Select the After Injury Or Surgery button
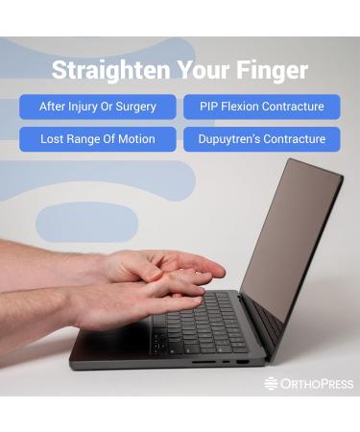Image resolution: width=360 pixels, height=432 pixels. coord(98,107)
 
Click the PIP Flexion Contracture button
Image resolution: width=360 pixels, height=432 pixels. coord(262,107)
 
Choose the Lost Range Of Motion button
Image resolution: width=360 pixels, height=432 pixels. coord(98,139)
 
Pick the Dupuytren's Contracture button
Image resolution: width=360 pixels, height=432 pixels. coord(262,139)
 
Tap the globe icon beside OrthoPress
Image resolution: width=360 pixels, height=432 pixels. coord(271,384)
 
